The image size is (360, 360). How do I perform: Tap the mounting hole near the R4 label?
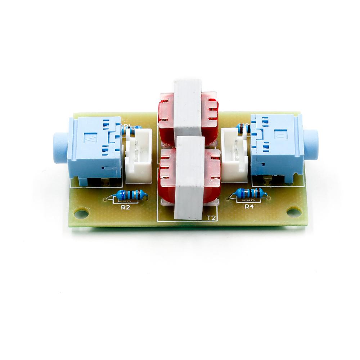pos(294,212)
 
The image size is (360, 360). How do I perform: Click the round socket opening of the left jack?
pos(58,148)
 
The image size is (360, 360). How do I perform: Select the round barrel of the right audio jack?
pos(311,145)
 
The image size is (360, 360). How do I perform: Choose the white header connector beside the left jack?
pos(138,156)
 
